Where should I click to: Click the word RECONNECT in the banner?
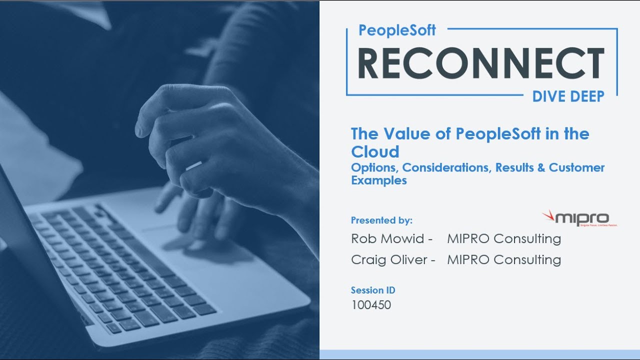coord(481,63)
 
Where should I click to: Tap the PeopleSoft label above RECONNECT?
coord(397,30)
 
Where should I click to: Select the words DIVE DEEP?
coord(568,96)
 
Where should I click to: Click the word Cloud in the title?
coord(375,151)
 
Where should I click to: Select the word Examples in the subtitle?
coord(379,180)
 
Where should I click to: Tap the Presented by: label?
coord(381,220)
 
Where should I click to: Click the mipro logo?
coord(579,218)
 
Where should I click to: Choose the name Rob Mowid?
coord(387,239)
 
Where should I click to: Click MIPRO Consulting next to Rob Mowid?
coord(504,239)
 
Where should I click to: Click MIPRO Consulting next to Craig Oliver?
coord(504,260)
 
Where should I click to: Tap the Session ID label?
coord(373,290)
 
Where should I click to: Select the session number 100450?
coord(371,304)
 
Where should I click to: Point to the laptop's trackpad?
coord(200,245)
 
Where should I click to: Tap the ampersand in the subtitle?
coord(540,167)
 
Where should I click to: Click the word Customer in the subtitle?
coord(576,167)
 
